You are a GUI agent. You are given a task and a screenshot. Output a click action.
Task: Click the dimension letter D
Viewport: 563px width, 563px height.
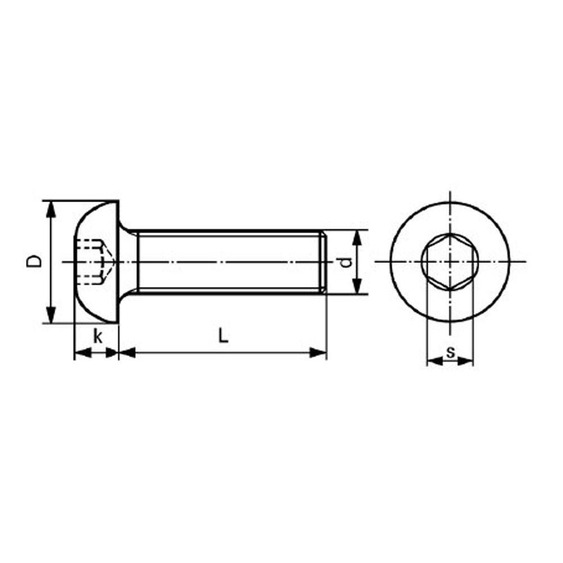coord(34,261)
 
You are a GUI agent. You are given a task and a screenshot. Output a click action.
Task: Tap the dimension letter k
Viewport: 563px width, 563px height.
coord(97,337)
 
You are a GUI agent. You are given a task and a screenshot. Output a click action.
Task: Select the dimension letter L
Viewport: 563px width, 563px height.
coord(224,336)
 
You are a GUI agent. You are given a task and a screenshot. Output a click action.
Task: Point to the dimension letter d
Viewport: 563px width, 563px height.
coord(345,262)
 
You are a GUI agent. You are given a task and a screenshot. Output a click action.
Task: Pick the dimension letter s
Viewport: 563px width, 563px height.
coord(450,352)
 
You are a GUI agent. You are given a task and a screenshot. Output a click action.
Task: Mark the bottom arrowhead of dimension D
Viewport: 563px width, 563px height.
coord(51,315)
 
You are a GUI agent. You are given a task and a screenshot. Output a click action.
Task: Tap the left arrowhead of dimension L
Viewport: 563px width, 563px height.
coord(127,352)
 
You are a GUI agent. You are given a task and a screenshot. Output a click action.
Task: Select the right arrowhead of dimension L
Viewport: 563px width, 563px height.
coord(318,352)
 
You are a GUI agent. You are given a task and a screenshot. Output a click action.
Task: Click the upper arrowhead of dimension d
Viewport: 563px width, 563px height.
coord(356,238)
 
